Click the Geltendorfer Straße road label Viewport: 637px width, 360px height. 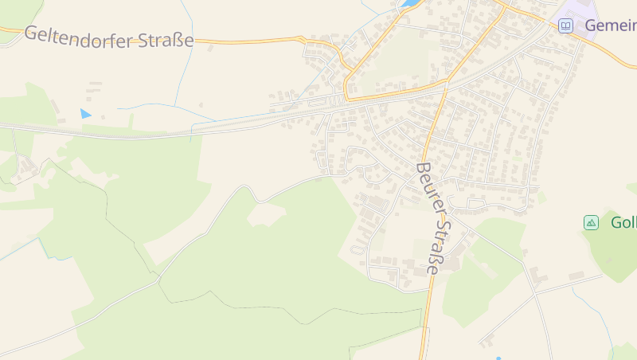(x=108, y=37)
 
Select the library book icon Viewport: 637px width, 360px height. (x=565, y=26)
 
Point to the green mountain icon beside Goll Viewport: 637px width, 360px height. (x=591, y=222)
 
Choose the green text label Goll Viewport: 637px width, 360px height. (x=623, y=222)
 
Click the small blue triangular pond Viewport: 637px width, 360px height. (x=85, y=114)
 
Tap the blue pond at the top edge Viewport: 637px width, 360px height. (x=410, y=4)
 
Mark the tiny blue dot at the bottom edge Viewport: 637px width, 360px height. (x=498, y=358)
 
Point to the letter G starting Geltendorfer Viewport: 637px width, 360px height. (x=32, y=33)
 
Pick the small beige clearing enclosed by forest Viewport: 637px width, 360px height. (x=266, y=213)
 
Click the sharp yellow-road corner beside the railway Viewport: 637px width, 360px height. (x=347, y=97)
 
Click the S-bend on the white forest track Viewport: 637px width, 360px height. (x=247, y=191)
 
